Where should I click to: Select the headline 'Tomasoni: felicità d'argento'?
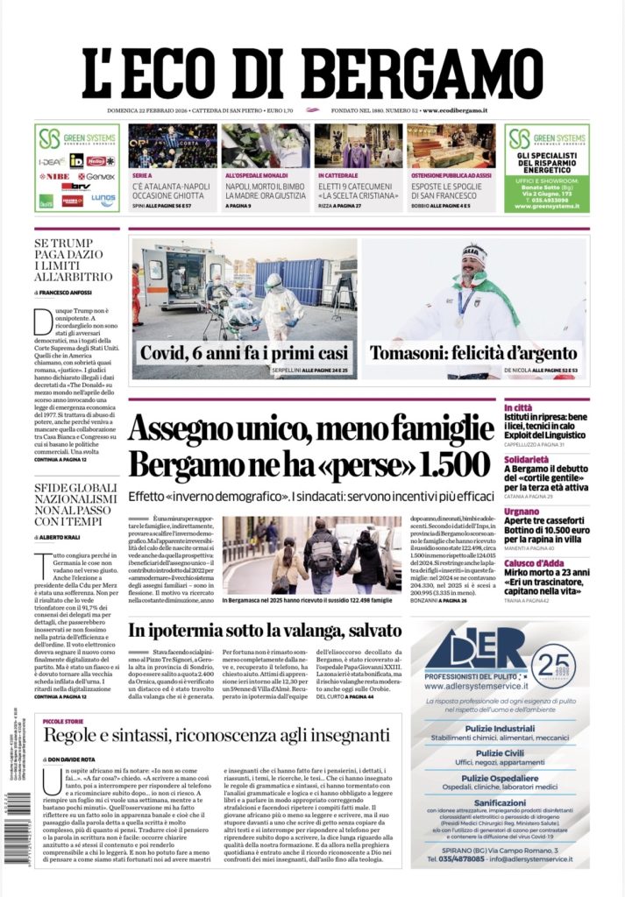click(x=473, y=354)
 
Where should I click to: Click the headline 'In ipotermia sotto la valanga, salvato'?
click(x=265, y=631)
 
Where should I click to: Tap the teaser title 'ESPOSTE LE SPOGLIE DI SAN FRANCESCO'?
click(x=450, y=191)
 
